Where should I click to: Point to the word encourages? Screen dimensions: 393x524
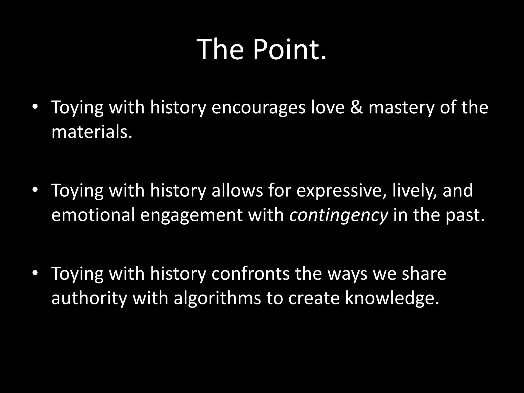click(x=258, y=107)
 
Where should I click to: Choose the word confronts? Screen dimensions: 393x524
click(x=250, y=274)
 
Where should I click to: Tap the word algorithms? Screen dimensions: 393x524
click(x=217, y=298)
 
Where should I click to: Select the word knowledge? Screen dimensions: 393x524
click(x=392, y=298)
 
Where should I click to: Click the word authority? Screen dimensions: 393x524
click(x=89, y=298)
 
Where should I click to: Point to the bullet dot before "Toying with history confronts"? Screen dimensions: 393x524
click(x=35, y=273)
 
